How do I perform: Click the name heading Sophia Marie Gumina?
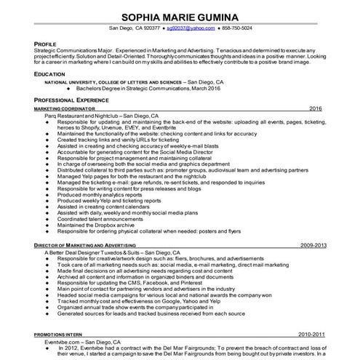(x=179, y=16)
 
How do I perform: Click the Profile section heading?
(x=46, y=44)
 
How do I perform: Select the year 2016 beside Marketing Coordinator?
(x=315, y=108)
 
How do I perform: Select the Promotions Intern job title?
(x=60, y=334)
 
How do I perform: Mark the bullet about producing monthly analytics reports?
(x=100, y=195)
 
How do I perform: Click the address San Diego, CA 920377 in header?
(x=134, y=28)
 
